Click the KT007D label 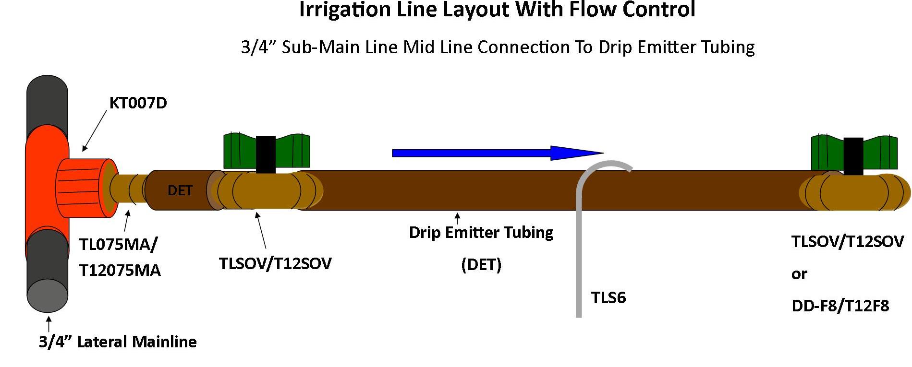pyautogui.click(x=138, y=103)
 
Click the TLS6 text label pyautogui.click(x=608, y=298)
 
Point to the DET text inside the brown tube pyautogui.click(x=180, y=191)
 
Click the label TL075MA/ pyautogui.click(x=118, y=244)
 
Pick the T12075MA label pyautogui.click(x=120, y=271)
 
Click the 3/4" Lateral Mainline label pyautogui.click(x=118, y=342)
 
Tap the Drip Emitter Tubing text pyautogui.click(x=481, y=233)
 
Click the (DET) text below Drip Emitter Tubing pyautogui.click(x=481, y=264)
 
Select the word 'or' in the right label pyautogui.click(x=799, y=274)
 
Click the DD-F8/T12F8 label pyautogui.click(x=840, y=306)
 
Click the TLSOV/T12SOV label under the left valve pyautogui.click(x=275, y=264)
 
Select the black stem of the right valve pyautogui.click(x=853, y=156)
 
